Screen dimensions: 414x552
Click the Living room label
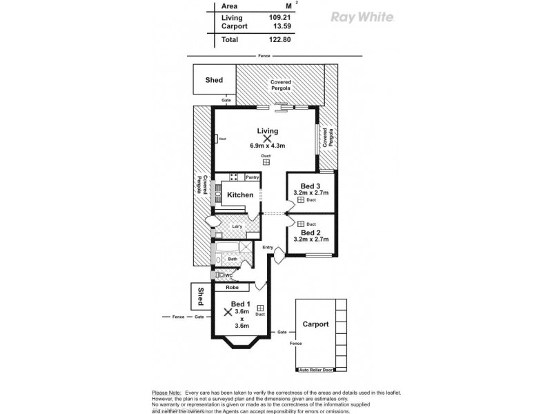coord(267,131)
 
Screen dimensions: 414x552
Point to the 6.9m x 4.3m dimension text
coord(268,146)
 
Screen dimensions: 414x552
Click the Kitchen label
coord(240,196)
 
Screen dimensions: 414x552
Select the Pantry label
coord(252,177)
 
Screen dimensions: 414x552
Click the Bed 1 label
coord(239,305)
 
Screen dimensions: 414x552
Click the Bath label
coord(233,259)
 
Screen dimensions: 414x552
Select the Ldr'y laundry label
coord(237,227)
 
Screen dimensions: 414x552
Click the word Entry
coord(268,247)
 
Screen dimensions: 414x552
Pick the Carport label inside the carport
coord(315,324)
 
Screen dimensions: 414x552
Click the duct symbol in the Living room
coord(266,163)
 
